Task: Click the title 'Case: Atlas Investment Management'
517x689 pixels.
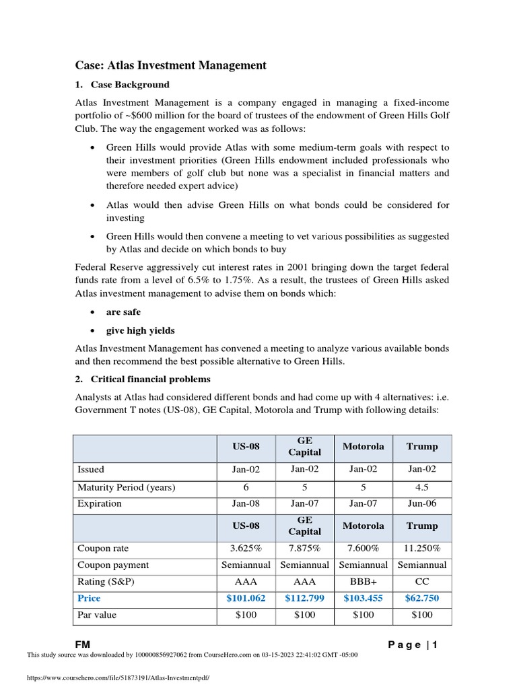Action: tap(170, 65)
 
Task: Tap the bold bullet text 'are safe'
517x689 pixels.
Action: tap(124, 312)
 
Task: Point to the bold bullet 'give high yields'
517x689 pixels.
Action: tap(140, 330)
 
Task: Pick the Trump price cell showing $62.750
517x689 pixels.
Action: tap(422, 598)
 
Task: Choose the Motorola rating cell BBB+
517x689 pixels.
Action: tap(364, 581)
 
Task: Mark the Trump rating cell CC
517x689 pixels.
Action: tap(422, 581)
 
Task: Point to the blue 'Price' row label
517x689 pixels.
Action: tap(90, 598)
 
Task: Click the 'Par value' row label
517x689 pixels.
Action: tap(98, 615)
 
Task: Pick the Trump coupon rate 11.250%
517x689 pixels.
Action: tap(422, 548)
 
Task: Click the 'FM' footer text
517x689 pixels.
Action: tap(82, 645)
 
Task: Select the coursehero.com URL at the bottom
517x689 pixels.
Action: tap(118, 679)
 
